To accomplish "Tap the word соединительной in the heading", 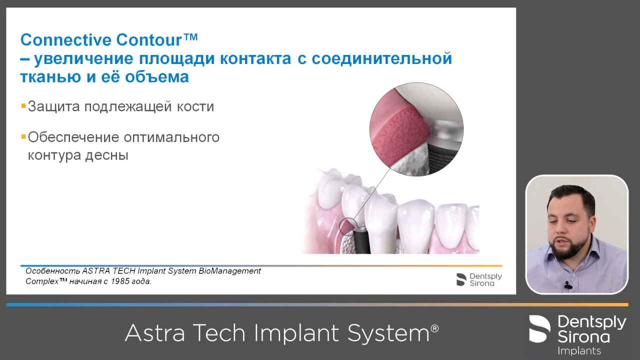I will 382,58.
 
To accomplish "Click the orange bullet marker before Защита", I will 23,106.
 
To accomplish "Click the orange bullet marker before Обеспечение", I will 23,136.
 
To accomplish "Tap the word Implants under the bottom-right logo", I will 579,350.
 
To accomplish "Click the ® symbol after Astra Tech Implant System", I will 434,328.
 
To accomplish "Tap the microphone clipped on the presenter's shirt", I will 567,285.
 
